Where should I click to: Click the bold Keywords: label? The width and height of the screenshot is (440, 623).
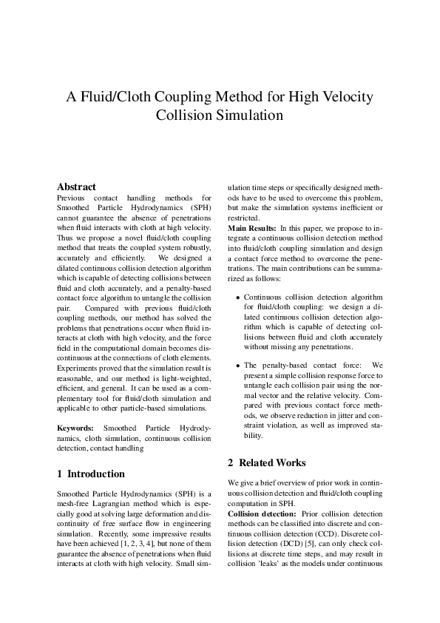75,428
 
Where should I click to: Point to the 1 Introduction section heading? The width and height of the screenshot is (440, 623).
91,474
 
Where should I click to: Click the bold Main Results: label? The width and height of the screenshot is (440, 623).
252,229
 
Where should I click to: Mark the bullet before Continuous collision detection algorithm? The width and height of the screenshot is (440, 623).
237,297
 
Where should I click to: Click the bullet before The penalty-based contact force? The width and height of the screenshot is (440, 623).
237,366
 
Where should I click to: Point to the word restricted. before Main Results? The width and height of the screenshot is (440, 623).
243,218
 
